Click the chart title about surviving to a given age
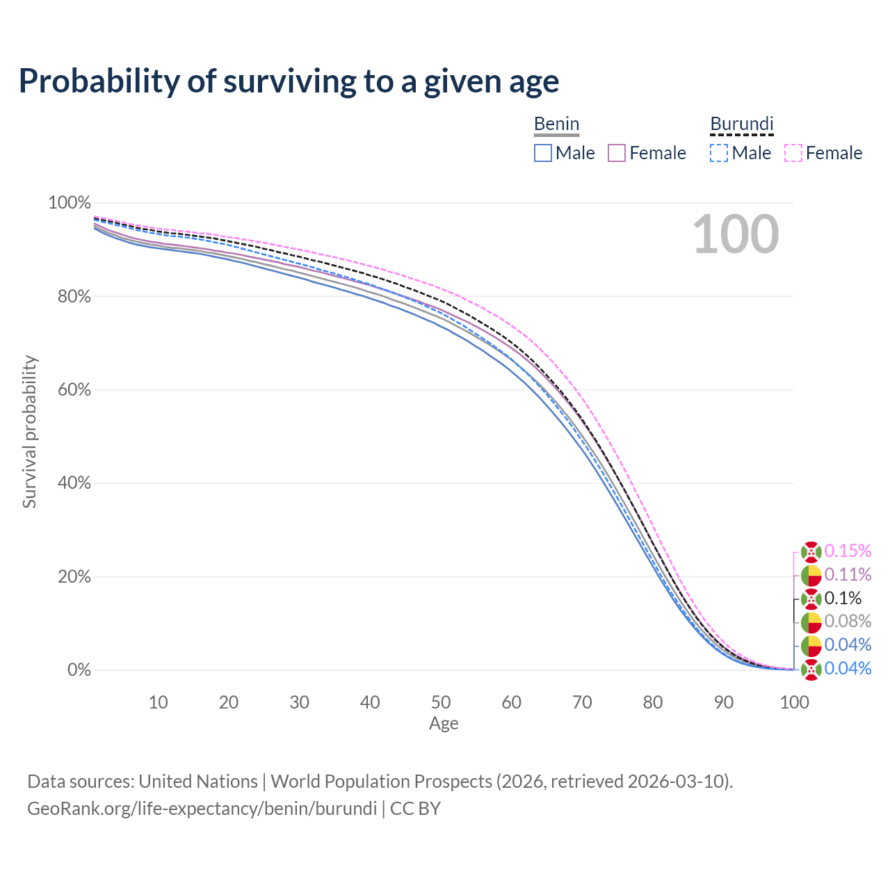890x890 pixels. pos(289,81)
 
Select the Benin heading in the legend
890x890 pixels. pos(556,124)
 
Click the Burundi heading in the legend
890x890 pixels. pos(741,124)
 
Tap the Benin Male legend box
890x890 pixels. pos(543,153)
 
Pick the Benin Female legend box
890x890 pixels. pos(617,153)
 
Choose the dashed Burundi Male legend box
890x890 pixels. pos(719,153)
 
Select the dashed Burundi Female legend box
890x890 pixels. pos(793,153)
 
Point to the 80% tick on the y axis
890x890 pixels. pos(70,297)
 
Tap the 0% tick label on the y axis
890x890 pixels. pos(79,670)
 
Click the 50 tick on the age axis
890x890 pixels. pos(441,702)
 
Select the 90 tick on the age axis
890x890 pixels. pos(724,702)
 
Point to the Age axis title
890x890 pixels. pos(444,724)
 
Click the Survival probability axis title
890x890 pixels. pos(29,432)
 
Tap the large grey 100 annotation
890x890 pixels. pos(736,234)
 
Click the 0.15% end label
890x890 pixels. pos(848,551)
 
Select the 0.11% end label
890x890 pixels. pos(848,575)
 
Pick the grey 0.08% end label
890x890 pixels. pos(848,622)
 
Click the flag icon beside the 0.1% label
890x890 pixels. pos(811,599)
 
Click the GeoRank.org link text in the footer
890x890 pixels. pos(202,809)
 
